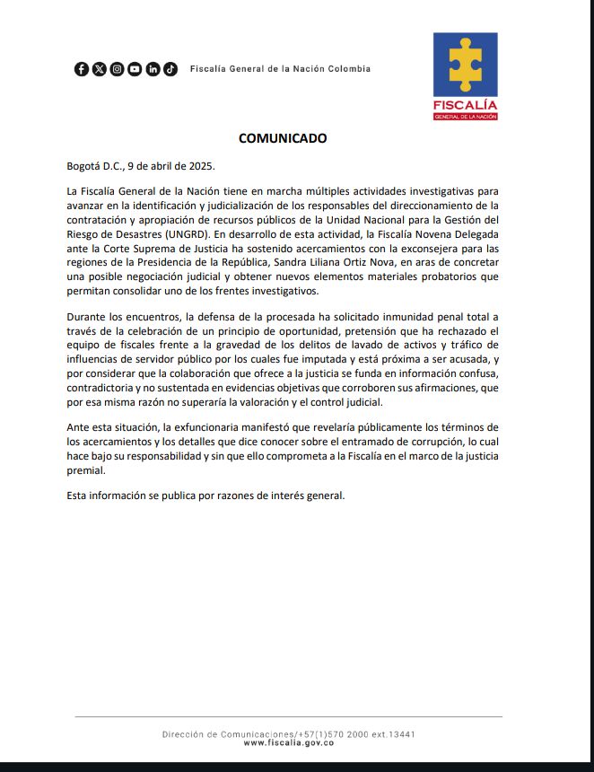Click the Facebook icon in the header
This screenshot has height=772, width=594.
pos(82,69)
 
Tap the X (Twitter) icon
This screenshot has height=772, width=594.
pos(99,69)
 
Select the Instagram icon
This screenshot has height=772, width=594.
pos(117,69)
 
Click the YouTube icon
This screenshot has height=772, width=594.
pos(135,69)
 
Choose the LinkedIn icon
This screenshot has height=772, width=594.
pos(153,69)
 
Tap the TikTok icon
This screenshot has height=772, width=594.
pos(170,69)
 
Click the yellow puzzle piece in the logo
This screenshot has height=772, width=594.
pos(465,65)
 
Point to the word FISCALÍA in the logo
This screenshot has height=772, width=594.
pos(465,105)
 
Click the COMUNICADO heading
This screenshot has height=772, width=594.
pos(283,138)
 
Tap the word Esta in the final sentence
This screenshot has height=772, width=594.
pos(78,496)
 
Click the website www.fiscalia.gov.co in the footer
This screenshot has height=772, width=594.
pos(288,742)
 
